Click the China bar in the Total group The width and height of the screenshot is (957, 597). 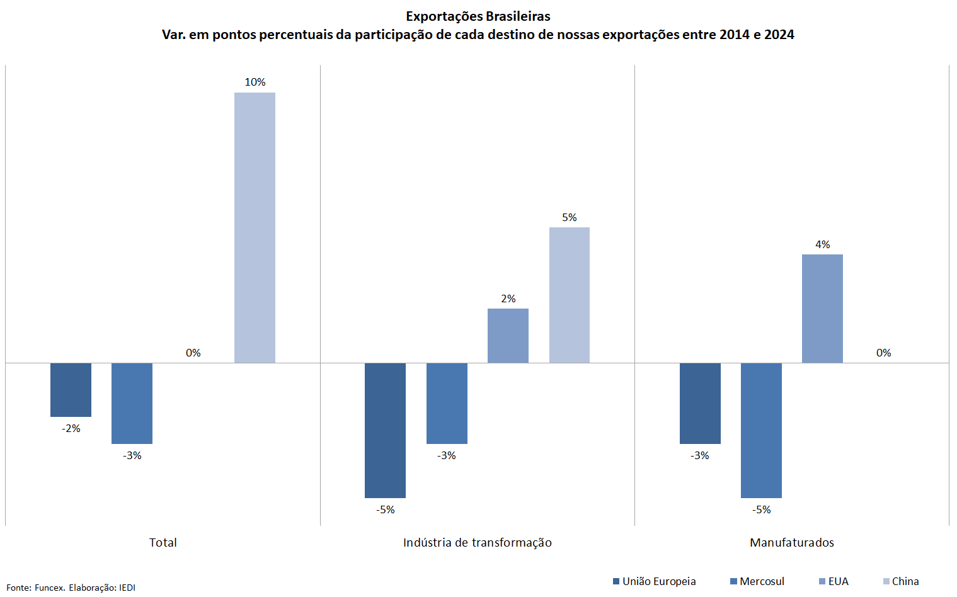(255, 227)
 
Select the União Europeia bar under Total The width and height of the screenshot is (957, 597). (71, 389)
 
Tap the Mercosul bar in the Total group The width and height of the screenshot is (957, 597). (132, 403)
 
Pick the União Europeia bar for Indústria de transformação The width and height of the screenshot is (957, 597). (385, 430)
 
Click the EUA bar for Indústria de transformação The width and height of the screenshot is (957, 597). (508, 335)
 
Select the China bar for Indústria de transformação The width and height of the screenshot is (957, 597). (569, 295)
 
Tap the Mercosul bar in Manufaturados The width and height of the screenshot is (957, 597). (761, 430)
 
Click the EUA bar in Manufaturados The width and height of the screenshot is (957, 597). (822, 309)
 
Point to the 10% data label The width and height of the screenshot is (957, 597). (255, 82)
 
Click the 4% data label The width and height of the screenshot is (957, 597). (822, 244)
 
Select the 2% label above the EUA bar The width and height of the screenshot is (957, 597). (508, 298)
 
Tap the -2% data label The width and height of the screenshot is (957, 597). (71, 428)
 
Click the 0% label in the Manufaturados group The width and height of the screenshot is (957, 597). (883, 353)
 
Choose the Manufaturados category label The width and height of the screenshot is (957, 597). (791, 542)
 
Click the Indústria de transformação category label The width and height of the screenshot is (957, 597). (477, 542)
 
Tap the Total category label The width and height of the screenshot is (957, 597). (163, 542)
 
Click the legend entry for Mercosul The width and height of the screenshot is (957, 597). (757, 581)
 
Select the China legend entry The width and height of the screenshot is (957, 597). (901, 581)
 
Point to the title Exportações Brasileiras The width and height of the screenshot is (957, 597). (478, 16)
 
